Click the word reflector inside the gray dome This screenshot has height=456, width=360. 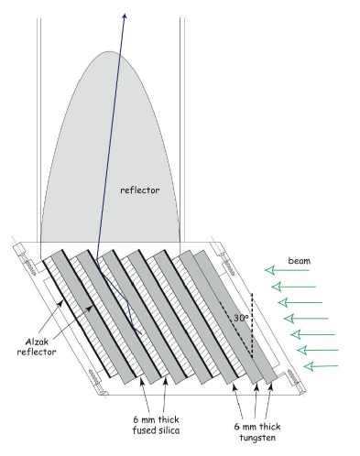point(140,191)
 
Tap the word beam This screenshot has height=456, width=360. point(298,261)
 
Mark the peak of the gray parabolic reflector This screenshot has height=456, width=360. point(110,52)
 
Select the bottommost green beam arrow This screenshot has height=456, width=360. point(321,366)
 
